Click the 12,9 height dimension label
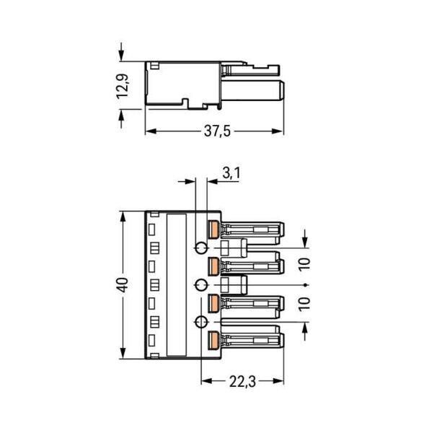(123, 86)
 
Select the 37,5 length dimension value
(217, 131)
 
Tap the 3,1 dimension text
(231, 173)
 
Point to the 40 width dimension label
(123, 285)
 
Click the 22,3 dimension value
(242, 382)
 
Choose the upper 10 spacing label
(305, 264)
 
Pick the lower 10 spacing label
(305, 304)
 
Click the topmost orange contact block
(213, 229)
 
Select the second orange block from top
(213, 266)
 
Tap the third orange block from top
(213, 304)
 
